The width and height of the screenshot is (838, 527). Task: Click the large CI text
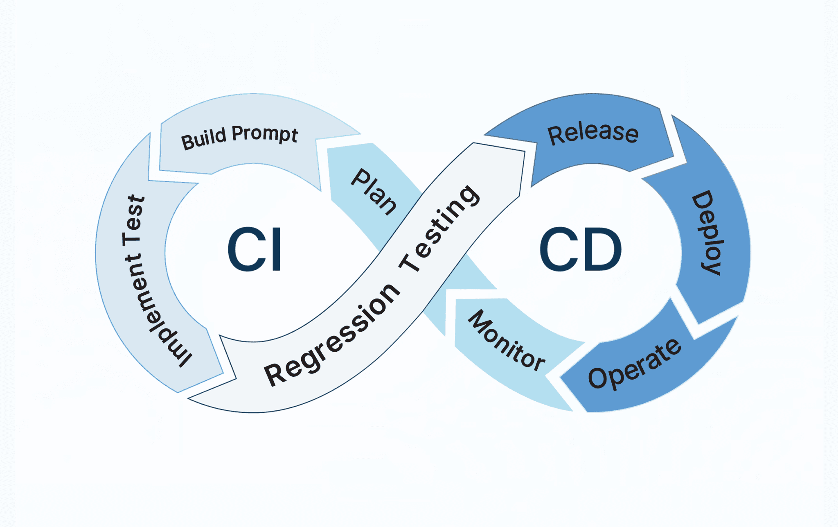point(255,249)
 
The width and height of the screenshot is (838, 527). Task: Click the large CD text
point(580,249)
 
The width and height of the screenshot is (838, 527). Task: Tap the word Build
point(203,138)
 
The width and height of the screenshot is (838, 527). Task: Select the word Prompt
point(265,134)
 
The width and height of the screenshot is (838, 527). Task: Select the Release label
point(593,133)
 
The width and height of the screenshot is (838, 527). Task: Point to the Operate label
point(635,365)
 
